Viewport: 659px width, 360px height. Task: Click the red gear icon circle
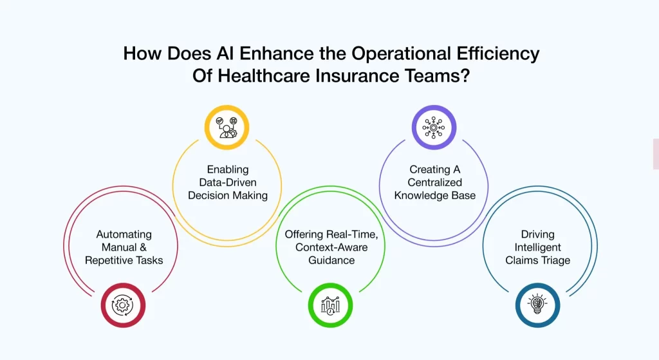pyautogui.click(x=123, y=305)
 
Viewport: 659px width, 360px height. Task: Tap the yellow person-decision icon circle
pyautogui.click(x=227, y=128)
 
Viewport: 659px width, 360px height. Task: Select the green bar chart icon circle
pyautogui.click(x=330, y=305)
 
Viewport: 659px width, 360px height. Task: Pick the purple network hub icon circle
pyautogui.click(x=434, y=128)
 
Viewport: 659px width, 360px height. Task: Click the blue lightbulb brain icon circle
pyautogui.click(x=537, y=305)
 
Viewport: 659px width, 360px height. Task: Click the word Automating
pyautogui.click(x=124, y=234)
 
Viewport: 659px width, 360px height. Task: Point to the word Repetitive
pyautogui.click(x=107, y=260)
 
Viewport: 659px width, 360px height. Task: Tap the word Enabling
pyautogui.click(x=228, y=169)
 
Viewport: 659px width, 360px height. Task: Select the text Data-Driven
pyautogui.click(x=228, y=182)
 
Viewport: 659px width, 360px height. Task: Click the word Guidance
pyautogui.click(x=331, y=260)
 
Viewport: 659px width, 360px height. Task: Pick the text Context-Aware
pyautogui.click(x=331, y=247)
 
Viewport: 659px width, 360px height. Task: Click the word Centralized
pyautogui.click(x=434, y=182)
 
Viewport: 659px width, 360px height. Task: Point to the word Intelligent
pyautogui.click(x=537, y=247)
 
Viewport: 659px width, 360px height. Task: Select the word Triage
pyautogui.click(x=557, y=260)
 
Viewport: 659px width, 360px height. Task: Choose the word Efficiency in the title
pyautogui.click(x=498, y=54)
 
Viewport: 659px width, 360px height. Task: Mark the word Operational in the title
pyautogui.click(x=402, y=54)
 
